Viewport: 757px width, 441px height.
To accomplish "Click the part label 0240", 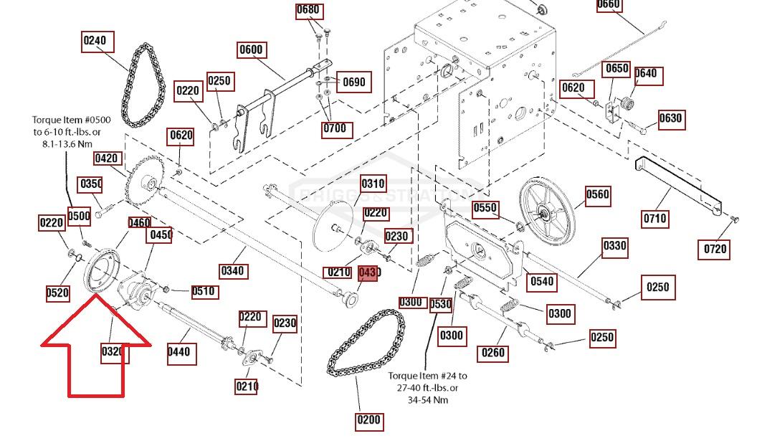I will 95,41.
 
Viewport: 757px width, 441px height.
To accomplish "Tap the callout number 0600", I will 251,50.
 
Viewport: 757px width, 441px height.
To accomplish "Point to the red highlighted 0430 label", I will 367,273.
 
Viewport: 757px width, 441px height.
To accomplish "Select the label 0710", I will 654,218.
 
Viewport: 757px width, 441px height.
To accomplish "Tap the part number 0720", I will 715,249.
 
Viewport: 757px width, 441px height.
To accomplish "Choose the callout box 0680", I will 308,11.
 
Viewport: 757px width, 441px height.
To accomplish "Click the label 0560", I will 597,195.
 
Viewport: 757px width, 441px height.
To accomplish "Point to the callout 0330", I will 614,247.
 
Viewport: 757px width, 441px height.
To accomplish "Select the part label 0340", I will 232,271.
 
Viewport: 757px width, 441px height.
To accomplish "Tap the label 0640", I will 646,74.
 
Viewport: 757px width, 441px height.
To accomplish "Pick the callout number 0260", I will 492,352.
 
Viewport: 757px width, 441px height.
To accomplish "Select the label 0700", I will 334,129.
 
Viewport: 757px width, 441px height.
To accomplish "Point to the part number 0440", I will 178,351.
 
